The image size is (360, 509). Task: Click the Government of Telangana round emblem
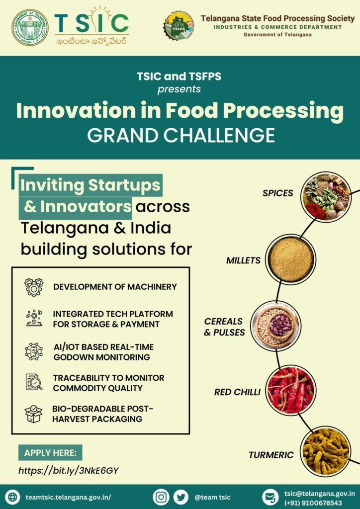30,27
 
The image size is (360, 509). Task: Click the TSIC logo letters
91,22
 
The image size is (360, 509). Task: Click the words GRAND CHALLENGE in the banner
180,135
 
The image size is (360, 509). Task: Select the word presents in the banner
179,89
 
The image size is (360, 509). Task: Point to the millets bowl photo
290,259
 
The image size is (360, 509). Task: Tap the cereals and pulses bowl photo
275,326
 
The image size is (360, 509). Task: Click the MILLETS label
243,260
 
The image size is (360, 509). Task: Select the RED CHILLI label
237,392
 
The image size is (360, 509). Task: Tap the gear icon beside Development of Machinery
34,287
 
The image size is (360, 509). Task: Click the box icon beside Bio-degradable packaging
33,414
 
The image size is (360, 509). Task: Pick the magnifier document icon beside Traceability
34,382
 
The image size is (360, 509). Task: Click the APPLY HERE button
50,453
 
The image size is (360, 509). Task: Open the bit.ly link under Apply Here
68,470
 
